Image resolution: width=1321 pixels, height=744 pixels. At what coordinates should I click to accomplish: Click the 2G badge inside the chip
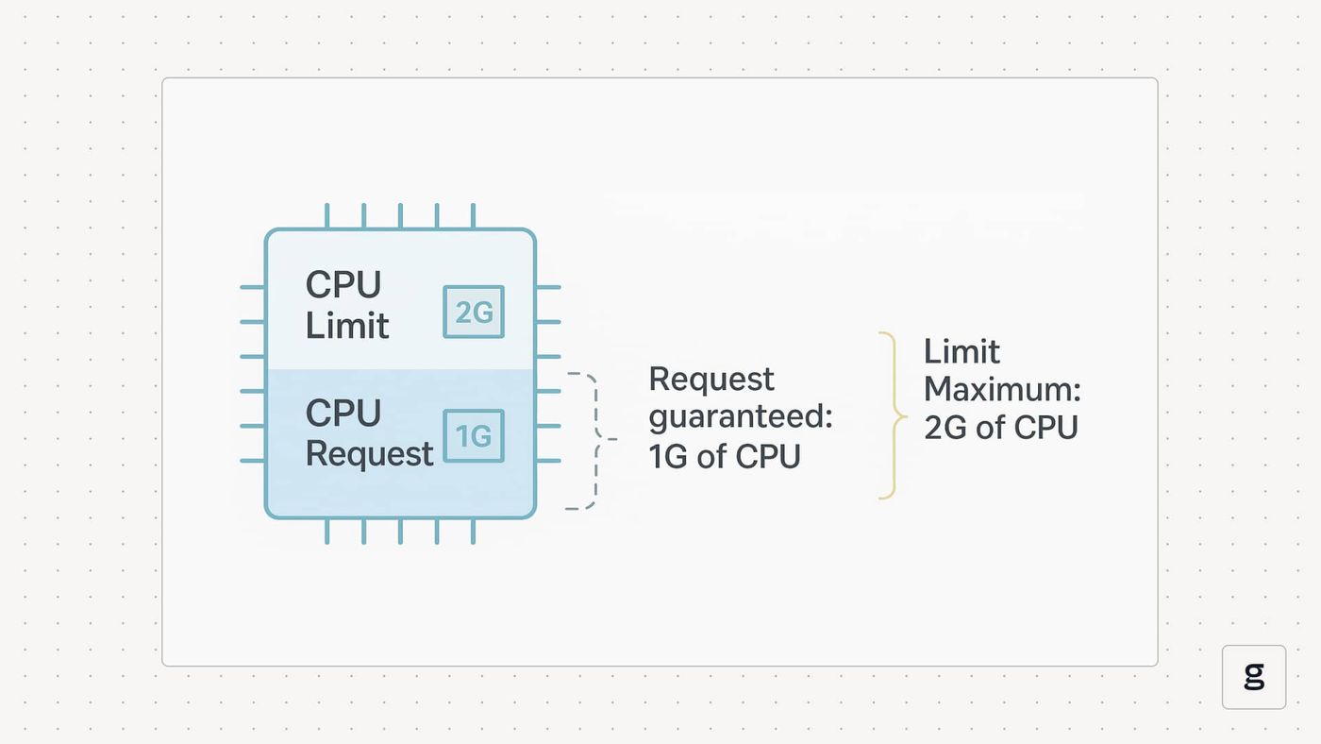[x=474, y=312]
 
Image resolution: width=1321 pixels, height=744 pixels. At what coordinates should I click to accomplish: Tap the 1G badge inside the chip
[x=474, y=436]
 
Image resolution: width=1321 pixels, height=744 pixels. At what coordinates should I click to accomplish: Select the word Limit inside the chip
[x=347, y=325]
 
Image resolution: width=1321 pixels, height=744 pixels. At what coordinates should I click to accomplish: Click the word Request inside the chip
[x=369, y=454]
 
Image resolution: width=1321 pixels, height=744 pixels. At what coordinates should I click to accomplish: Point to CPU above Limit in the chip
[x=343, y=284]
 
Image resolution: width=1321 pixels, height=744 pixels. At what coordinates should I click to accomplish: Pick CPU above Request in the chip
[x=343, y=413]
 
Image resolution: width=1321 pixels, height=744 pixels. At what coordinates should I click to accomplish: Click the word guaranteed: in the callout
[x=741, y=417]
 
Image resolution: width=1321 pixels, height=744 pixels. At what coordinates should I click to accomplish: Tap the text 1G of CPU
[x=725, y=456]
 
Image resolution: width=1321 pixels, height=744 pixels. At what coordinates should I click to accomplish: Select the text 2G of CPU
[x=1001, y=427]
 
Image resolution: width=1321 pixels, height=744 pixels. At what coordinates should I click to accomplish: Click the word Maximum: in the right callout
[x=1002, y=389]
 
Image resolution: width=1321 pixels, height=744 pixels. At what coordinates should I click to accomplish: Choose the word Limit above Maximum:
[x=961, y=351]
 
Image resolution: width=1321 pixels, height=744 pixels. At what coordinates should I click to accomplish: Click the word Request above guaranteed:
[x=711, y=379]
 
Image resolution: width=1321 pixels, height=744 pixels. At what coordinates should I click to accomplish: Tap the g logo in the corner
[x=1254, y=677]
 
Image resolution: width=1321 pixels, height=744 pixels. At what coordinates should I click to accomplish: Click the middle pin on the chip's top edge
[x=400, y=216]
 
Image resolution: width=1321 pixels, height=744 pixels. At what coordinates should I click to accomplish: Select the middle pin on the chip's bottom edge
[x=400, y=531]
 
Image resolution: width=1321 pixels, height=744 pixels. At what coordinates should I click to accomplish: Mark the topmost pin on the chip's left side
[x=253, y=287]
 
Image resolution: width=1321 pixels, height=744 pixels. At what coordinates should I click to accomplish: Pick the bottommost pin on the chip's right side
[x=548, y=461]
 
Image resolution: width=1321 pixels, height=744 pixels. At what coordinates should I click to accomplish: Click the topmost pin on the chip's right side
[x=548, y=287]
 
